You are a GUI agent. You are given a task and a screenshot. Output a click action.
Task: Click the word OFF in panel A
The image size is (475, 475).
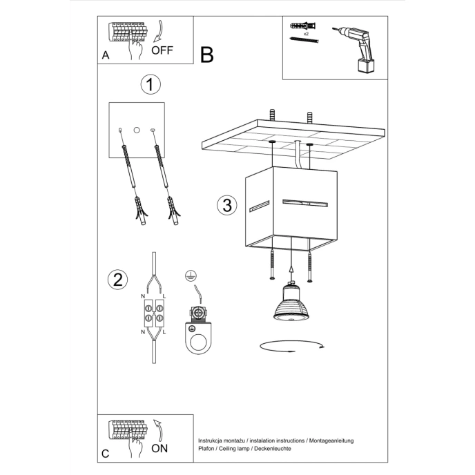(x=162, y=50)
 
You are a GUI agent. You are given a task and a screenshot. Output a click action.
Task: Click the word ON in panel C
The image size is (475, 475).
(x=159, y=447)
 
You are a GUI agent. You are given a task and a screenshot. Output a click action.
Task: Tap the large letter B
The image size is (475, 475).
(x=207, y=55)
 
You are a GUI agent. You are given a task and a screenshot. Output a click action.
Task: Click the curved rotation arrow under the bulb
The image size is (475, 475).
(x=291, y=346)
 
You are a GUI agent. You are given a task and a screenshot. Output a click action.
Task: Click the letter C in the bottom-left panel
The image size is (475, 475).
(x=106, y=454)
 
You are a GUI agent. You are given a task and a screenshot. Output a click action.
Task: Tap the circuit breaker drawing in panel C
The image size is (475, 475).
(x=128, y=430)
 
